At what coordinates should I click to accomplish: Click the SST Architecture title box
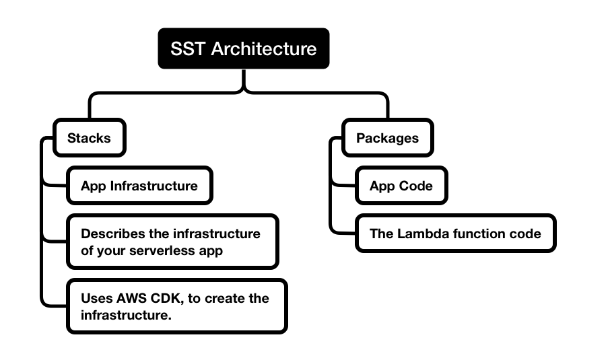pyautogui.click(x=243, y=48)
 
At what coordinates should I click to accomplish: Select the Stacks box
pyautogui.click(x=89, y=139)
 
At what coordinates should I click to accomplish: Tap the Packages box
pyautogui.click(x=387, y=139)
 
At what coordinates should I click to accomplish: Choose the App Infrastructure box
pyautogui.click(x=139, y=186)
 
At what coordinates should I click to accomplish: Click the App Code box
pyautogui.click(x=401, y=186)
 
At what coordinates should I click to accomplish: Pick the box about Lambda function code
pyautogui.click(x=455, y=233)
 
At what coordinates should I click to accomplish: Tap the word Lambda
pyautogui.click(x=421, y=233)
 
